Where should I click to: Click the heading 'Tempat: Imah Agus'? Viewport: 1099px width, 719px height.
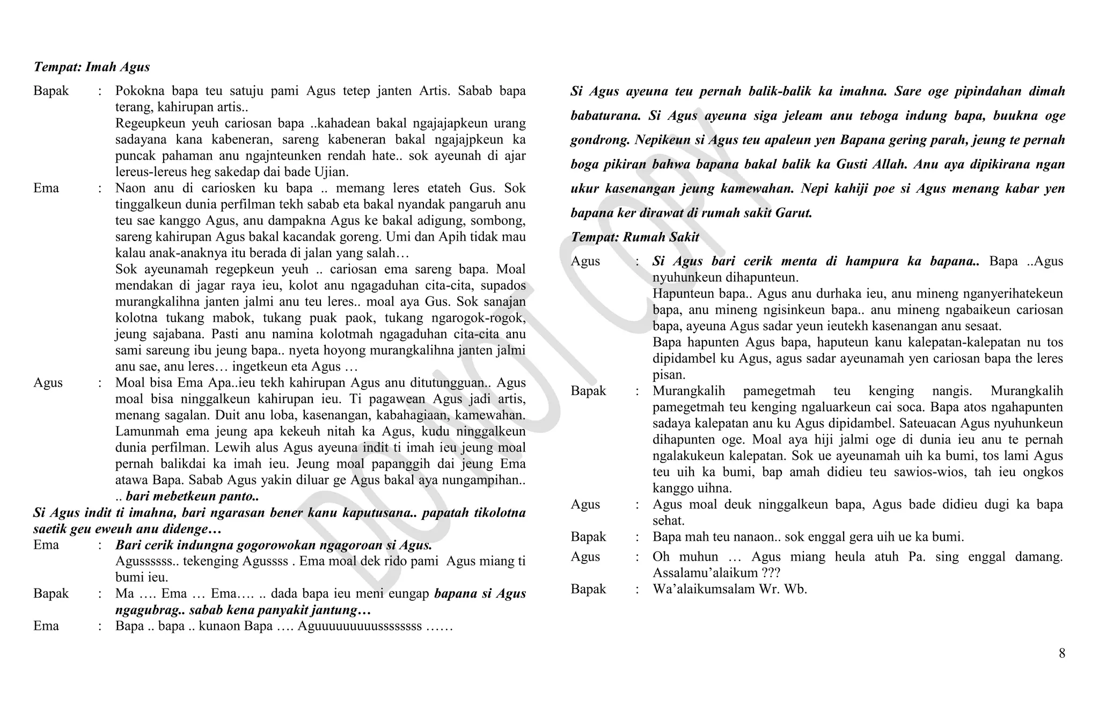[91, 67]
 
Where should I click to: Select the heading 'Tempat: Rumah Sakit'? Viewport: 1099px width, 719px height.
[635, 237]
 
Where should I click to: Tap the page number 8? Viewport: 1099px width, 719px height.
[1061, 653]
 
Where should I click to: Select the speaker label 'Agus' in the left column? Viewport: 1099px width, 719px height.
[48, 383]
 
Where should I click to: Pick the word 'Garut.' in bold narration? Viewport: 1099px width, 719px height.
[794, 213]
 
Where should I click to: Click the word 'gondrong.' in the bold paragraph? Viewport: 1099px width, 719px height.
[599, 140]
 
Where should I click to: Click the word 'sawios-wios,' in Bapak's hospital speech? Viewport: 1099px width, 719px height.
[906, 472]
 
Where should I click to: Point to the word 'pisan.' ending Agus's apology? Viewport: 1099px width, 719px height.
[669, 375]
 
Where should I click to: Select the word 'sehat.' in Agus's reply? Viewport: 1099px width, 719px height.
[668, 520]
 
